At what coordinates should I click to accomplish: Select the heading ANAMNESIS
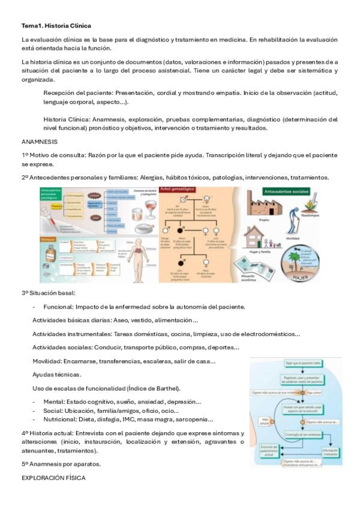pos(40,142)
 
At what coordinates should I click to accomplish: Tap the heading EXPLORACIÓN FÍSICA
pos(53,478)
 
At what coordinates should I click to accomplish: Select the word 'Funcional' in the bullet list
pos(59,307)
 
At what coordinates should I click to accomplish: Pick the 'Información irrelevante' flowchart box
pos(330,453)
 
